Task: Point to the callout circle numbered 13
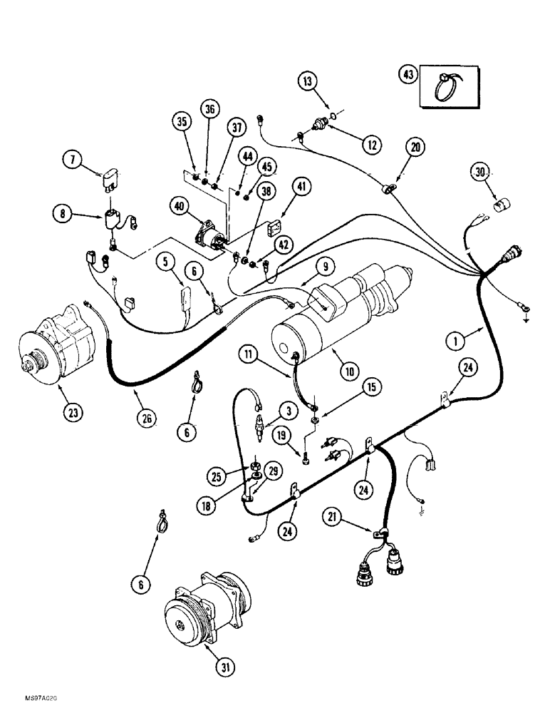click(306, 83)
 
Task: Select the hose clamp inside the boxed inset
click(449, 85)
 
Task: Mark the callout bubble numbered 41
click(303, 188)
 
